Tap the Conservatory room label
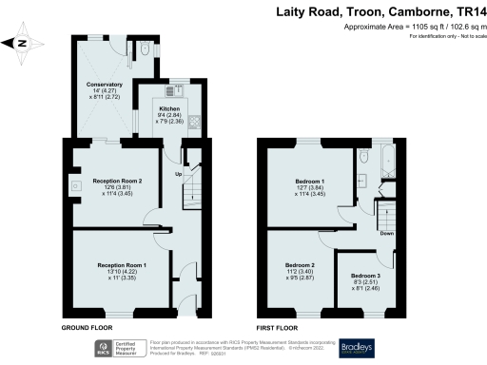pyautogui.click(x=105, y=84)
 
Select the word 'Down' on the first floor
pyautogui.click(x=385, y=233)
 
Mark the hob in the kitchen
pyautogui.click(x=194, y=121)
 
